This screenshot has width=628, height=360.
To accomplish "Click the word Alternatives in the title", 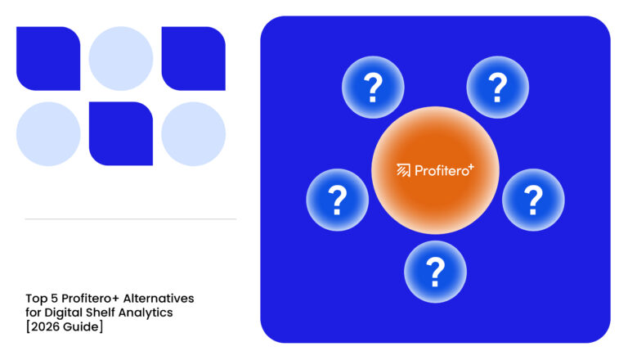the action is click(158, 299).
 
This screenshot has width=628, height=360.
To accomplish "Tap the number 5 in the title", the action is click(54, 299).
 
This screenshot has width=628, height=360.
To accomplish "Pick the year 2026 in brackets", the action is click(45, 327).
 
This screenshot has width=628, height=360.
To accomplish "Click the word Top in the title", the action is click(37, 299).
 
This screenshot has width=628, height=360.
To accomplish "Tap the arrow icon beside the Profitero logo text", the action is click(403, 170).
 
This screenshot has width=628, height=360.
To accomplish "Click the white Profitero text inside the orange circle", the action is click(442, 171).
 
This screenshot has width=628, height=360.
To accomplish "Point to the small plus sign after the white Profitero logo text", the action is click(471, 167).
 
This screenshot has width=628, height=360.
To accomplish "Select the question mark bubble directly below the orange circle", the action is click(435, 272).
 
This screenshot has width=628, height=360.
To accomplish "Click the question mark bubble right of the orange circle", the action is click(533, 200).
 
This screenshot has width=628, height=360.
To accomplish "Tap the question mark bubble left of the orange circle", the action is click(338, 200).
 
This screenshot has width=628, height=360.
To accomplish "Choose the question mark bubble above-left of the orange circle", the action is click(373, 87).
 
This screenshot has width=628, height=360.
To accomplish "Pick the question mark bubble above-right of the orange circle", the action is click(497, 87).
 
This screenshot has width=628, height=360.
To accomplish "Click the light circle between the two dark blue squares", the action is click(121, 59).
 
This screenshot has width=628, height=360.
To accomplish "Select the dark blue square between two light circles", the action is click(121, 134).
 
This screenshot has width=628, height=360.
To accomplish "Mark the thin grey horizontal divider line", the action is click(131, 219).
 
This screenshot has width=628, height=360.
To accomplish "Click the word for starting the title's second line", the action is click(34, 313).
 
